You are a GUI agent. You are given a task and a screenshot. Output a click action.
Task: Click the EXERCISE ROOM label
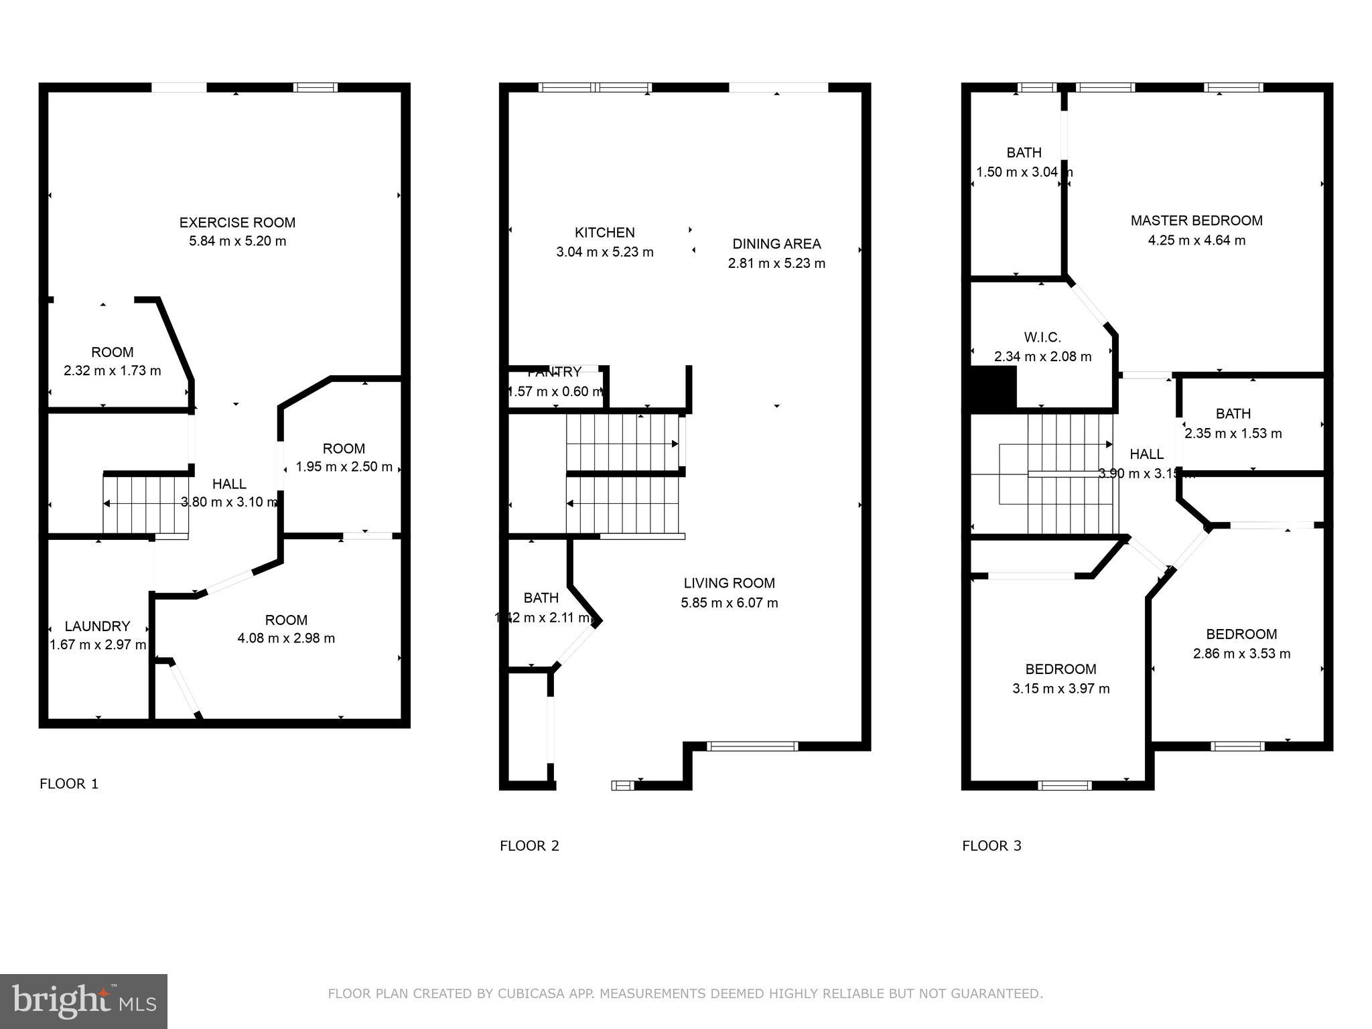tap(237, 222)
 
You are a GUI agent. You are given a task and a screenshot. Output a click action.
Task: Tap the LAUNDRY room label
tap(97, 626)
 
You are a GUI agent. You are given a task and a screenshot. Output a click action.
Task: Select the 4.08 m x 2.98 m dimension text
tap(286, 638)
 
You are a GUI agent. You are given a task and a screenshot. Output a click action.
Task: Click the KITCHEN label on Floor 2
tap(604, 232)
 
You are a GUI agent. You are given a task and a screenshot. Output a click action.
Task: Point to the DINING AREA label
tap(776, 244)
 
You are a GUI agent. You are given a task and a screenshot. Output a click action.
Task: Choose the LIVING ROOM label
tap(729, 583)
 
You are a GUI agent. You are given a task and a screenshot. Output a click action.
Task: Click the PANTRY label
tap(554, 372)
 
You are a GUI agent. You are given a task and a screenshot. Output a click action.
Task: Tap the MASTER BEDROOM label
tap(1196, 220)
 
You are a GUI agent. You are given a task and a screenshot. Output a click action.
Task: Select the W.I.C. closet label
tap(1042, 337)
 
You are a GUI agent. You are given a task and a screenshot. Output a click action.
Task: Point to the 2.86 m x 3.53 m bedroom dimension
tap(1241, 653)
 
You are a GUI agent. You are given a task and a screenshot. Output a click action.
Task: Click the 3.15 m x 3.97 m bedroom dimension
tap(1060, 689)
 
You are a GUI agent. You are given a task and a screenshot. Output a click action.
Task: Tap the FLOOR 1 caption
tap(69, 784)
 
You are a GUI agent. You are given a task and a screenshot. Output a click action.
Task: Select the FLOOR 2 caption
tap(529, 846)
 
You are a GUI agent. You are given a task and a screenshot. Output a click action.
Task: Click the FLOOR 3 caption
tap(991, 846)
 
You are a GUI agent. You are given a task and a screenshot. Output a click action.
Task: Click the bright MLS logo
tap(83, 1002)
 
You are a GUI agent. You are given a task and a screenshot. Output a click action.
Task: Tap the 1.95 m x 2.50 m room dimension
tap(344, 467)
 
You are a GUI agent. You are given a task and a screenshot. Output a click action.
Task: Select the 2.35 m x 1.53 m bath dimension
tap(1233, 433)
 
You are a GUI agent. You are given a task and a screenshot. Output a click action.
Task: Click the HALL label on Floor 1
tap(229, 484)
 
